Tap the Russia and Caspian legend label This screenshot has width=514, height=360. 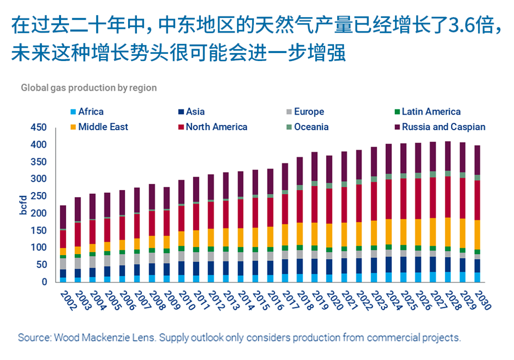coord(443,127)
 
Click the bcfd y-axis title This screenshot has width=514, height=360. coord(24,205)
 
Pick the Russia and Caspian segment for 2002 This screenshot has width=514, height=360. coord(63,217)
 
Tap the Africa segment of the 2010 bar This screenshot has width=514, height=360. coord(181,278)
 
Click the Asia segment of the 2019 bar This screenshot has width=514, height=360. coord(314,266)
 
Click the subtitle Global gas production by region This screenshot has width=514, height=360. coord(89,87)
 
